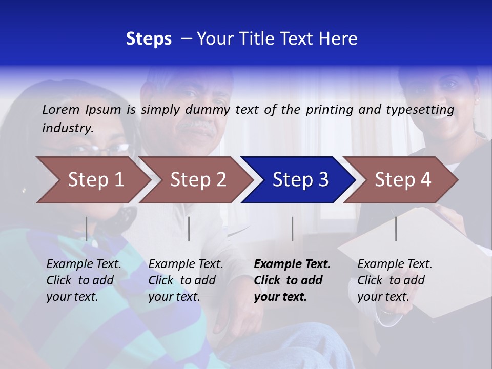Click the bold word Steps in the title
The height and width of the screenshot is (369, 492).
[x=149, y=39]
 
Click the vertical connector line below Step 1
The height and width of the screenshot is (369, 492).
[x=87, y=229]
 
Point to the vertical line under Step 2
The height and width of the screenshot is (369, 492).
[x=189, y=229]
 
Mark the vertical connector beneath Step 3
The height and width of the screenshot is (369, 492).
[x=292, y=229]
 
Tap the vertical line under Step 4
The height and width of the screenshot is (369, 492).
[x=396, y=229]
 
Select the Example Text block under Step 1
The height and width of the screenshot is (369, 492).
[x=84, y=280]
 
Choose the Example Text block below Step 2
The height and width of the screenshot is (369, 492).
[x=186, y=280]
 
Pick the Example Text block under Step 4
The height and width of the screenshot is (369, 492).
[x=395, y=280]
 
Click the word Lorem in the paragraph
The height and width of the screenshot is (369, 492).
[x=61, y=109]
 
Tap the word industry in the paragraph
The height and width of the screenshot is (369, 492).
[x=68, y=128]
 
